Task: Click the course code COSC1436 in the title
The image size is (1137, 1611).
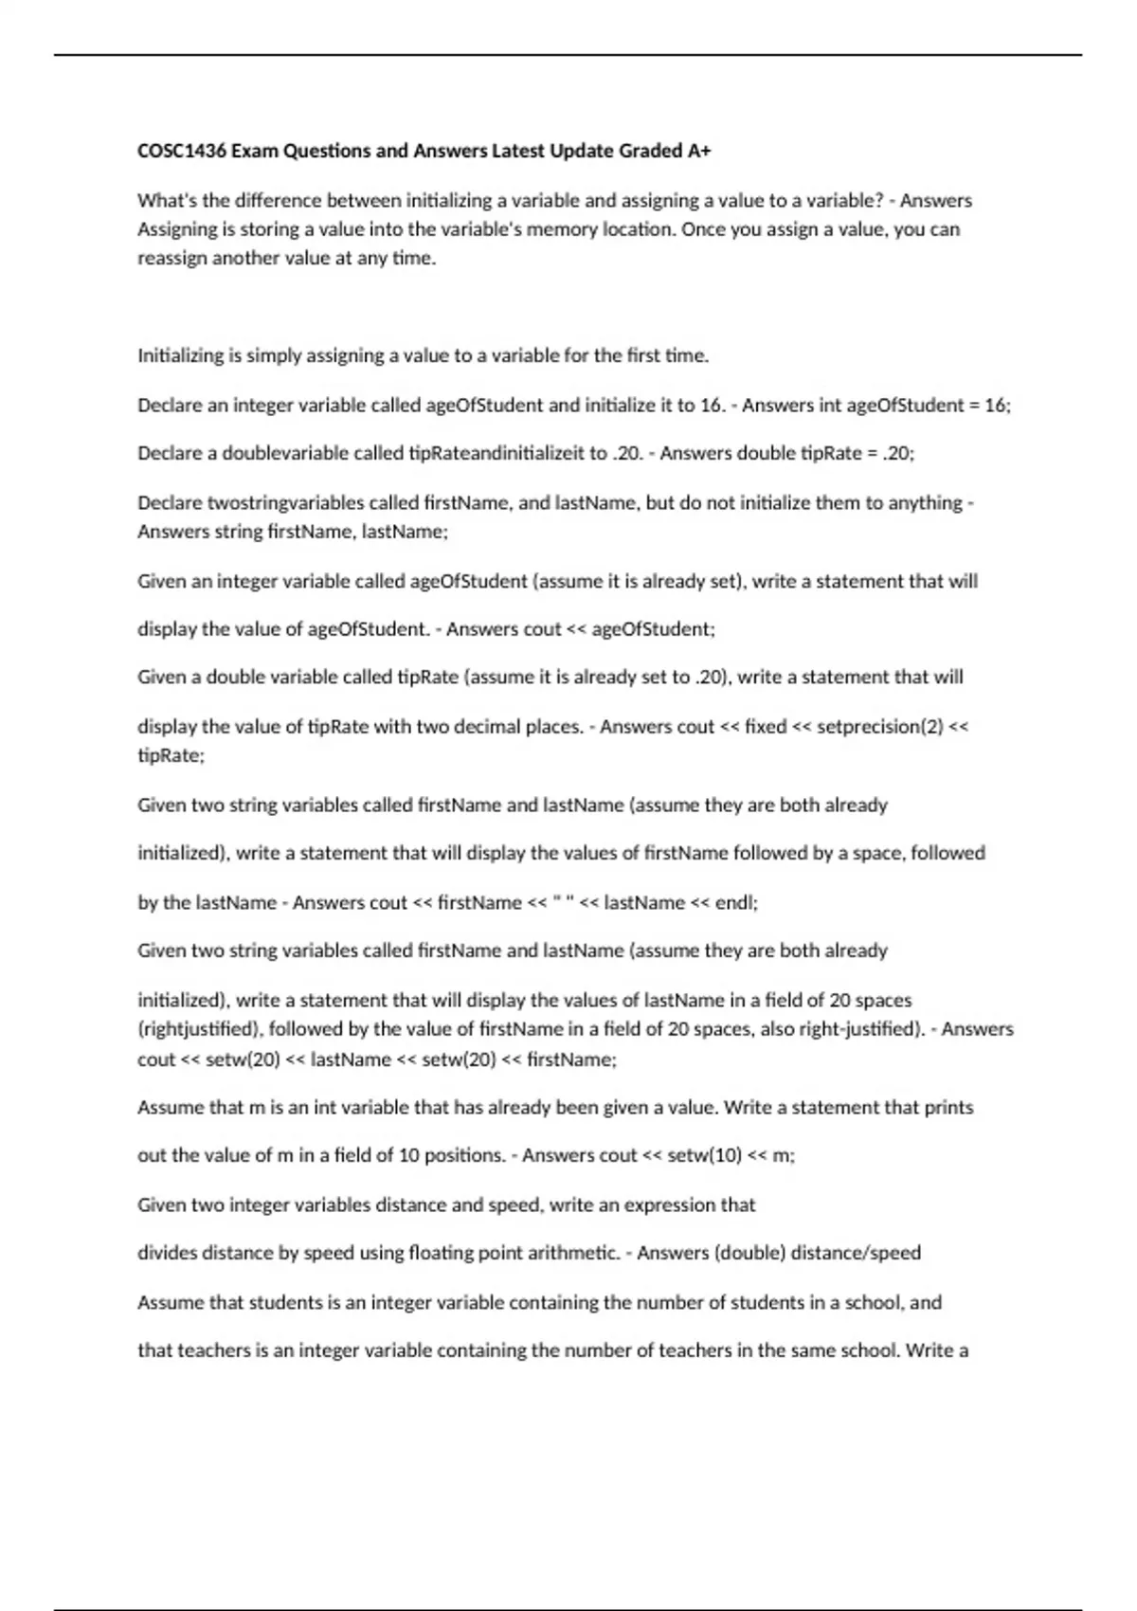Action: [181, 151]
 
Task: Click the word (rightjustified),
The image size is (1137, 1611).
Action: [200, 1029]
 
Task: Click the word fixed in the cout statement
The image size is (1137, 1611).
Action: [766, 727]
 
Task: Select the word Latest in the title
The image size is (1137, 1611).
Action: [518, 151]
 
